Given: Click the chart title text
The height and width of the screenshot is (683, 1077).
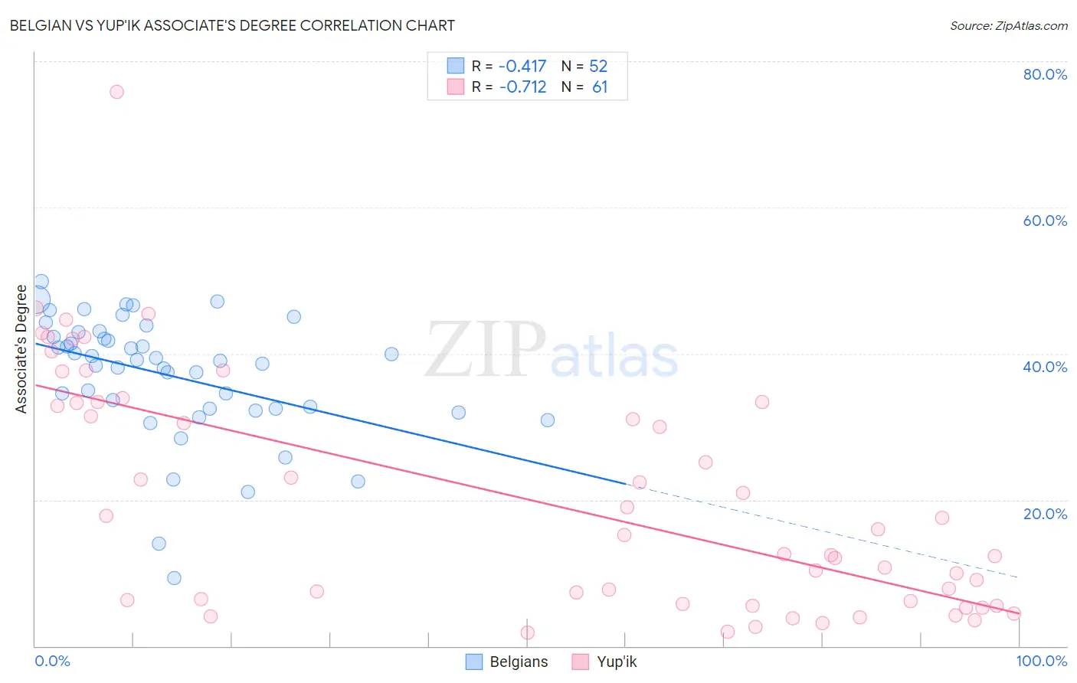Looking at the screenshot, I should point(232,25).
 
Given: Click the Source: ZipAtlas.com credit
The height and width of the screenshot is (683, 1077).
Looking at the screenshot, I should point(1008,25).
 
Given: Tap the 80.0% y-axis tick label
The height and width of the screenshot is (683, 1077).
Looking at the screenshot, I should point(1045,74).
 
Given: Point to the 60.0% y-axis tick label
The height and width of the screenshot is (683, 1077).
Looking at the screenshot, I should point(1045,221).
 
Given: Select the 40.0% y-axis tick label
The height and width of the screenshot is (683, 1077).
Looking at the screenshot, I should point(1045,367).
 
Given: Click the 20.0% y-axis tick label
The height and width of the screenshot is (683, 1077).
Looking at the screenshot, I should point(1045,513).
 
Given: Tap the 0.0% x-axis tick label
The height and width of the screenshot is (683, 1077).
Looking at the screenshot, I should point(52,661).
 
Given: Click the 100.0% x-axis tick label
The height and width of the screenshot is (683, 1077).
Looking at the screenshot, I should point(1041,661).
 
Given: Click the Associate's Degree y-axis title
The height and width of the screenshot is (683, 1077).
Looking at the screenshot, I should point(21,349).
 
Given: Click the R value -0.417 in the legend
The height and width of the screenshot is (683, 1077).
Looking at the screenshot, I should point(522,67).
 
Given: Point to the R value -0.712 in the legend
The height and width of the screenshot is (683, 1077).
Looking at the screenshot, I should point(522,87).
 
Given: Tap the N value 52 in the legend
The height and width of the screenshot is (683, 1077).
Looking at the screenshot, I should point(598,67).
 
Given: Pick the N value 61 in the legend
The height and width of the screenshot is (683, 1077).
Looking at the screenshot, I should point(600,87).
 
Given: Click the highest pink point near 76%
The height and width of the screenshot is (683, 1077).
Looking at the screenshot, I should point(116,92).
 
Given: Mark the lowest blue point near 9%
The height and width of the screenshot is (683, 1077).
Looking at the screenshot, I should point(174,578).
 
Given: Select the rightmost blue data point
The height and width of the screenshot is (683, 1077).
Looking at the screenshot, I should point(547,420).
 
